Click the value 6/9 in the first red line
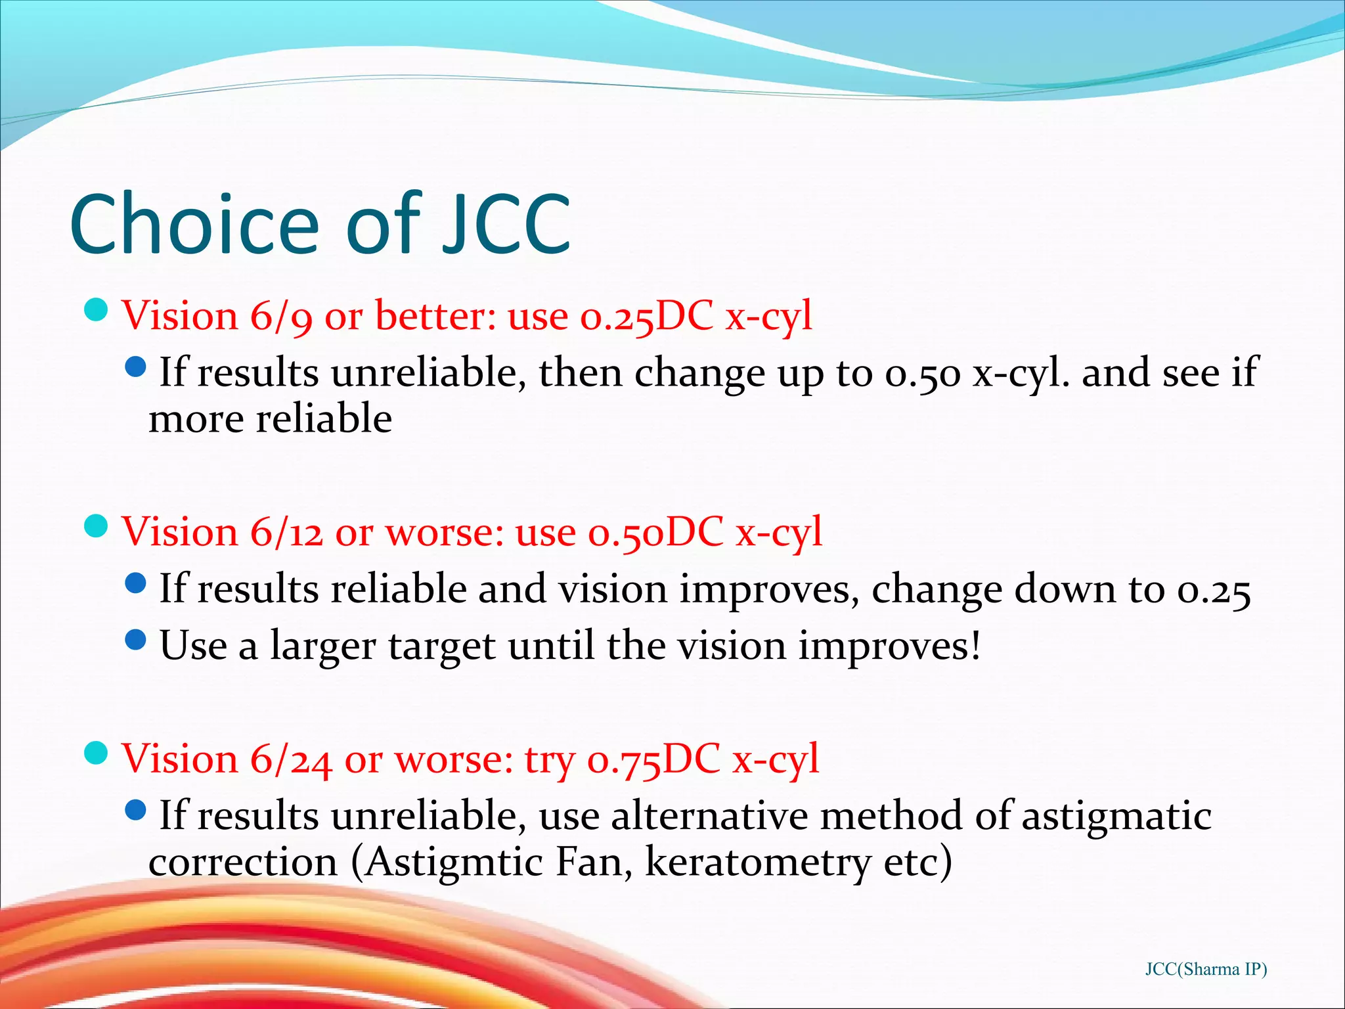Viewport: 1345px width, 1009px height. (281, 317)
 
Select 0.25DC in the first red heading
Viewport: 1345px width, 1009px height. (646, 317)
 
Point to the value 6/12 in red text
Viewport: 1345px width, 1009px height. (287, 532)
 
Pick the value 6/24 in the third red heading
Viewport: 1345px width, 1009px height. (291, 759)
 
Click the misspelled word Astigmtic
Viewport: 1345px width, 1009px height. (454, 863)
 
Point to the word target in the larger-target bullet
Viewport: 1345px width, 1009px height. (442, 647)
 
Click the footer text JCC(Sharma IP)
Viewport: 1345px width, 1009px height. (1206, 970)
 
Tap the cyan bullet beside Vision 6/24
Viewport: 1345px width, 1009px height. (97, 753)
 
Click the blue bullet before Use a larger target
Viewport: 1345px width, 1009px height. (135, 639)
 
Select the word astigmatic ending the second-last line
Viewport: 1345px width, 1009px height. (1116, 817)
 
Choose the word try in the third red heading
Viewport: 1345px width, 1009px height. (549, 761)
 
